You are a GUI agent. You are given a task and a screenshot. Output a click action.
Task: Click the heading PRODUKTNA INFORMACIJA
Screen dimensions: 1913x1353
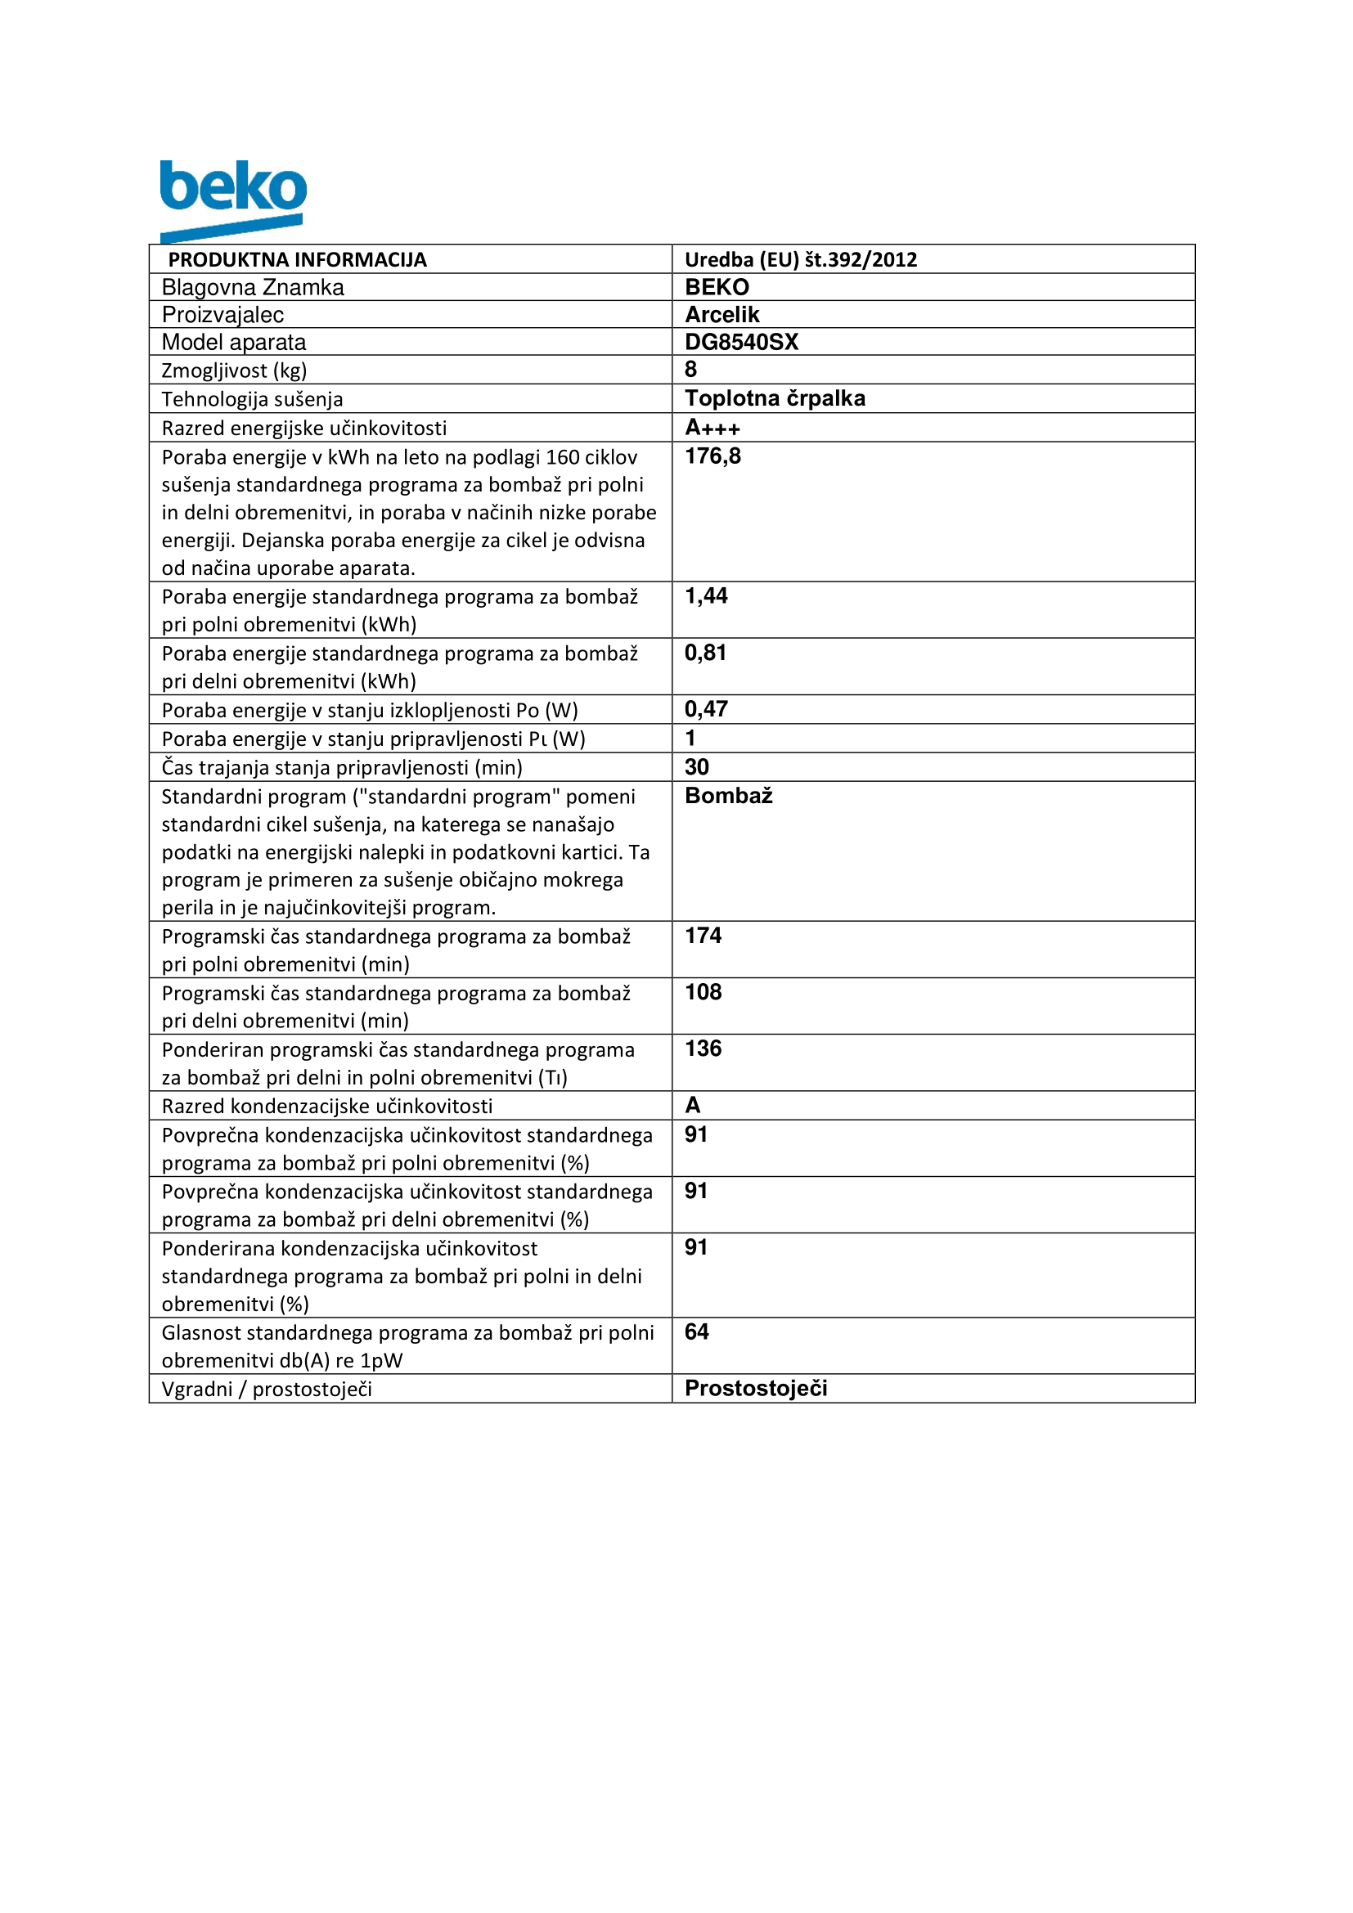tap(298, 259)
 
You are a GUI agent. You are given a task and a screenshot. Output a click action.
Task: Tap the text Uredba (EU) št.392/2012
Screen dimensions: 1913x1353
tap(800, 259)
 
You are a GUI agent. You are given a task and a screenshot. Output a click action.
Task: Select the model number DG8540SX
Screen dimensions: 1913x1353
tap(740, 342)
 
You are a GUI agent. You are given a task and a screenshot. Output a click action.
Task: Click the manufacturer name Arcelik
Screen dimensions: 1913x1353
tap(721, 314)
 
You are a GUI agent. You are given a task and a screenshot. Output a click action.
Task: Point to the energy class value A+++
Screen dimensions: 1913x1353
tap(712, 428)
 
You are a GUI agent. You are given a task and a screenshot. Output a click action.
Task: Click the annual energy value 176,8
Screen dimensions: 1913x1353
tap(712, 456)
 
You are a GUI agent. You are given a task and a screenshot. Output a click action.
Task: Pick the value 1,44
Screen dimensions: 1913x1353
tap(706, 595)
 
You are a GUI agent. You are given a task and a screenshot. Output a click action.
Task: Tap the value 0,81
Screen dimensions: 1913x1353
tap(705, 653)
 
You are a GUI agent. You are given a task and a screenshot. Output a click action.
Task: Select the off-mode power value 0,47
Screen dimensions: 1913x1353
tap(706, 709)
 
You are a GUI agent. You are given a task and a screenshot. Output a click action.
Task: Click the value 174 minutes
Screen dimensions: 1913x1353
tap(703, 936)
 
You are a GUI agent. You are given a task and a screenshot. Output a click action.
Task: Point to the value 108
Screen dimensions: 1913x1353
tap(703, 992)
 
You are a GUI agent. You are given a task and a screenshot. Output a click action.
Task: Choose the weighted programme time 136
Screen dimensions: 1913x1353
tap(703, 1049)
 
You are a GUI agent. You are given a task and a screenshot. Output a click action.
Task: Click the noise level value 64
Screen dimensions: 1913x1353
tap(695, 1332)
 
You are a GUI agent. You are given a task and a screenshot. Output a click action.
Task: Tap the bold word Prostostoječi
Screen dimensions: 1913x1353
tap(756, 1389)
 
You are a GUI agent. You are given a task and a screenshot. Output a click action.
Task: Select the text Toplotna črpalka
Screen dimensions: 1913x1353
tap(775, 398)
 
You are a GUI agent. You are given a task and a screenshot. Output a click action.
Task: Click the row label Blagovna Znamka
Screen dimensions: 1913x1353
tap(253, 287)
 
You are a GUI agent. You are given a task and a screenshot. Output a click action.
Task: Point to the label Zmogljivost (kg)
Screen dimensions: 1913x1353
tap(234, 370)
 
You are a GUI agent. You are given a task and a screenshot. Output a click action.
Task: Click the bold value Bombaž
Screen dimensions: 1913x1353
tap(728, 796)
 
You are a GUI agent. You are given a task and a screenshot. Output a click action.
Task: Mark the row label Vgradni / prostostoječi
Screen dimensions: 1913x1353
tap(267, 1390)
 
